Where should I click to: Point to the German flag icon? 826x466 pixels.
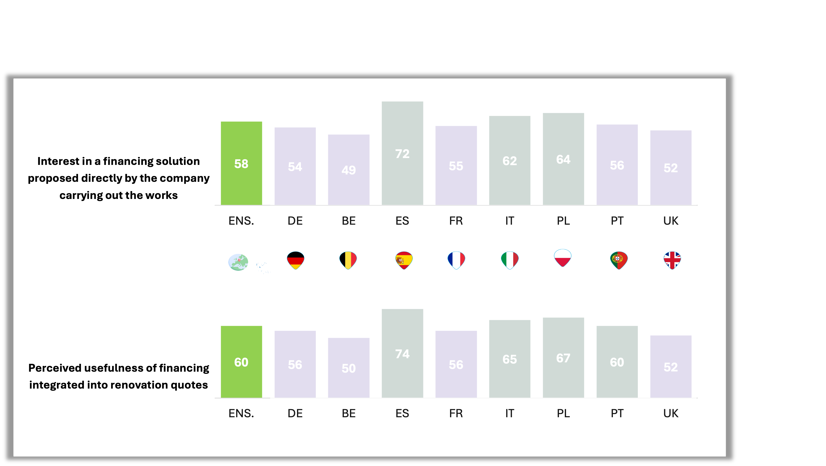click(x=295, y=260)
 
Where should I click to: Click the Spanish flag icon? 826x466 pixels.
click(x=404, y=260)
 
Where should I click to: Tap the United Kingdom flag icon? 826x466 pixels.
click(x=672, y=260)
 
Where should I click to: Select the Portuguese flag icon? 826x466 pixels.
click(x=619, y=260)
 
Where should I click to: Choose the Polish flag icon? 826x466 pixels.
click(x=563, y=258)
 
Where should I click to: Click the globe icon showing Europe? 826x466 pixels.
click(x=238, y=262)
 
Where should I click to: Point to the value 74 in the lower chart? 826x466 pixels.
click(x=402, y=354)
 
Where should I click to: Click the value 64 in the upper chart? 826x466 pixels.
click(x=563, y=159)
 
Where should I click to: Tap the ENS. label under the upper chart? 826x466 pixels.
click(x=241, y=221)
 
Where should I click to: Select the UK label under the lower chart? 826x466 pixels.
click(x=671, y=413)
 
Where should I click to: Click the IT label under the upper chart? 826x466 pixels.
click(x=510, y=221)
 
